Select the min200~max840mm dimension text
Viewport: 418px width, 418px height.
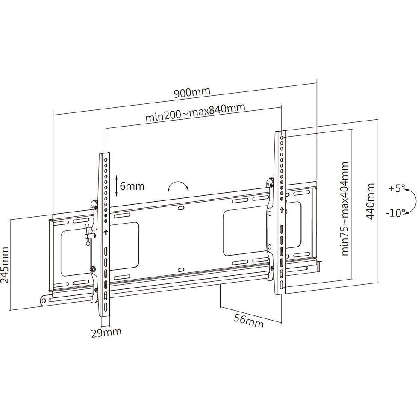(195, 112)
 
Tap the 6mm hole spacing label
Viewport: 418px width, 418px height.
(132, 186)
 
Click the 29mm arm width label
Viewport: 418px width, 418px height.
(106, 333)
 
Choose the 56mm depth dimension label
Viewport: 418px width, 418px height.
(249, 321)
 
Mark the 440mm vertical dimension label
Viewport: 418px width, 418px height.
(370, 201)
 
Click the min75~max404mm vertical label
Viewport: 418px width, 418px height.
(345, 209)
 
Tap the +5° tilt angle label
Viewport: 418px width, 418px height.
(397, 189)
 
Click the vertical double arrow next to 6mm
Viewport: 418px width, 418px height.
(117, 186)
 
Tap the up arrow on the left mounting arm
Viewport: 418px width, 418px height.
(106, 232)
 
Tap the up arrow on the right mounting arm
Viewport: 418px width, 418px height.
(281, 211)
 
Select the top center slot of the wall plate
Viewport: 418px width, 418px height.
(181, 207)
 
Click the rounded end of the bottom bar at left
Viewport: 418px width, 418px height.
(44, 300)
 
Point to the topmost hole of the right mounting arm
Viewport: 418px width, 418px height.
(282, 138)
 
